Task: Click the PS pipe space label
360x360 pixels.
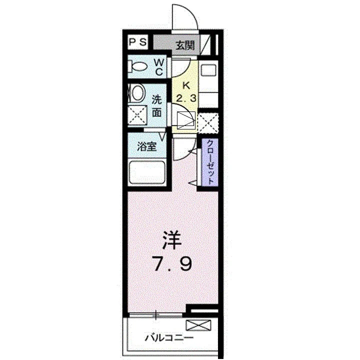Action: click(138, 42)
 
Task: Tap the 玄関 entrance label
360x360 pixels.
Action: click(185, 45)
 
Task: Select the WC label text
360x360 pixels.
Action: click(159, 67)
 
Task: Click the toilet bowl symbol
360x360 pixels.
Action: click(137, 66)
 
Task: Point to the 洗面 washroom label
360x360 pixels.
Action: click(157, 106)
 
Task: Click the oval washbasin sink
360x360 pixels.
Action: click(138, 93)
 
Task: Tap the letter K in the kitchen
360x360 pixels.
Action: click(186, 86)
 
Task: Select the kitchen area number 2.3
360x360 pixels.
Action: click(186, 98)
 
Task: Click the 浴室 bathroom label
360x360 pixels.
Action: click(147, 146)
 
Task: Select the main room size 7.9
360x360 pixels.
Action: click(172, 264)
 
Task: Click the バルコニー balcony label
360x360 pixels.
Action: click(169, 338)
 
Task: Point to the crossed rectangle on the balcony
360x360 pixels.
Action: click(198, 325)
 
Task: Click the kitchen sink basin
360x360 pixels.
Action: click(208, 70)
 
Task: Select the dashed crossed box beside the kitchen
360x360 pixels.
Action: click(208, 123)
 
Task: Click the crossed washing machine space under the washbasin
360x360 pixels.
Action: click(137, 115)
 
